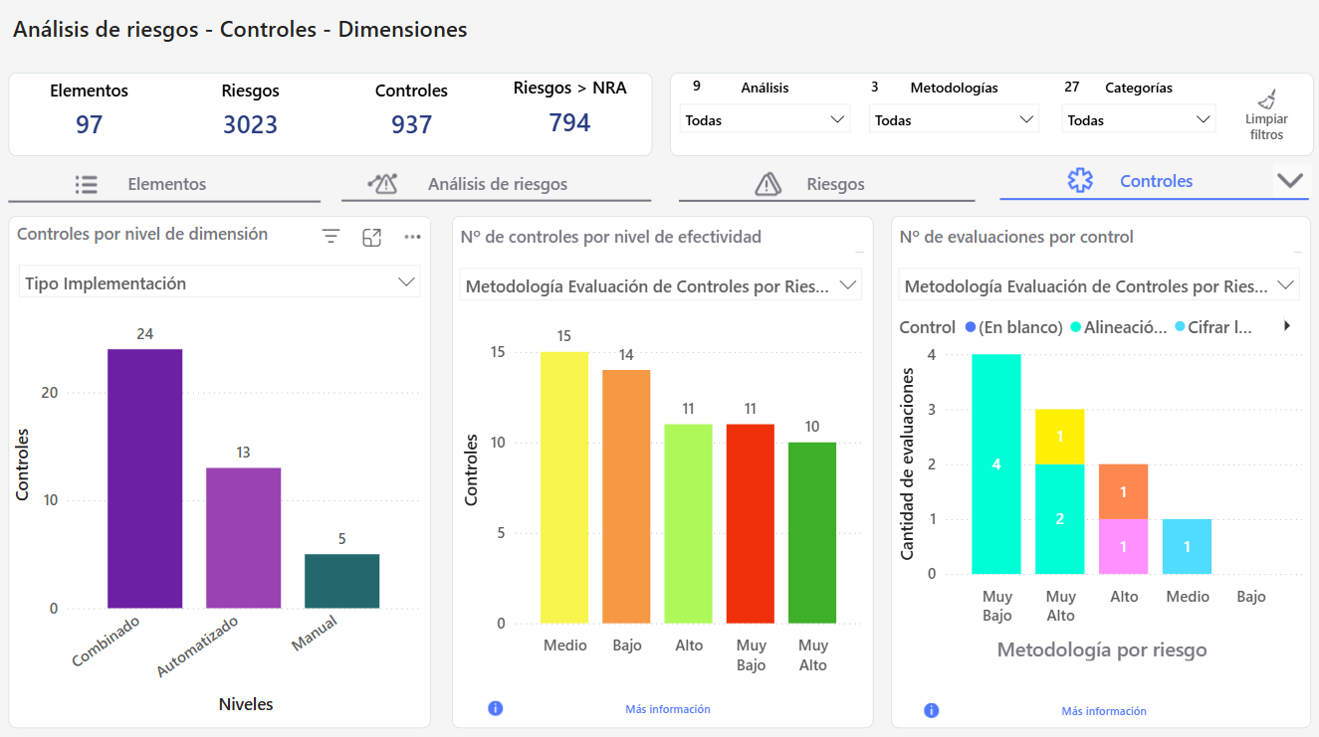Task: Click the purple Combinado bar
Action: tap(145, 478)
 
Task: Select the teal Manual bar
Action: tap(341, 581)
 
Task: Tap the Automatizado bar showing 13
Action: tap(243, 537)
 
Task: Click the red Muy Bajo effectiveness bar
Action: tap(751, 523)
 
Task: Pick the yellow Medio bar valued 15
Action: tap(564, 487)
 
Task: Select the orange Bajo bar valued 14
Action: tap(626, 496)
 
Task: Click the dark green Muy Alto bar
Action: tap(812, 532)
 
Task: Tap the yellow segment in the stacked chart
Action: tap(1060, 436)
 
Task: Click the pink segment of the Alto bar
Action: tap(1123, 546)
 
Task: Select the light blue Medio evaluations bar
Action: tap(1187, 546)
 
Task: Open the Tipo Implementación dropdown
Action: tap(219, 282)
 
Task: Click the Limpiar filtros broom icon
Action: tap(1266, 99)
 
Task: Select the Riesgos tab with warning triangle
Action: tap(826, 184)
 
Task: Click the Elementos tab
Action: tap(164, 184)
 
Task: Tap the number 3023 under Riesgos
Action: tap(250, 124)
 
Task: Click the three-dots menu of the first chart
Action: tap(413, 237)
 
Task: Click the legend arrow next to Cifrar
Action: tap(1287, 325)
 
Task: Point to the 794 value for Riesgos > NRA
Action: tap(569, 122)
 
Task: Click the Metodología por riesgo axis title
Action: tap(1101, 649)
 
